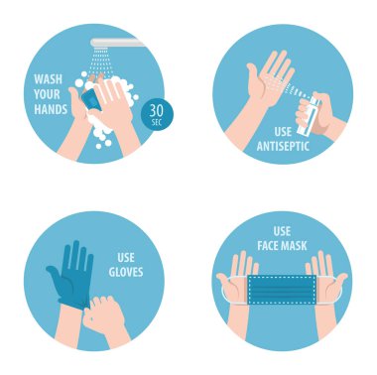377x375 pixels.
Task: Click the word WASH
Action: point(49,79)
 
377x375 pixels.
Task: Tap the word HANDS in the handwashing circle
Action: point(51,109)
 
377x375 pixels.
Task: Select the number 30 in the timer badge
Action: point(156,111)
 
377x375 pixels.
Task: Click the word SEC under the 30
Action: point(157,123)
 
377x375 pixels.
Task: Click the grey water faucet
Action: point(118,43)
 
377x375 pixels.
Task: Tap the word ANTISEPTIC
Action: point(283,146)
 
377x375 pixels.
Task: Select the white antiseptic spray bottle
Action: point(306,116)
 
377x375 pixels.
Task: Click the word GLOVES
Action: point(126,272)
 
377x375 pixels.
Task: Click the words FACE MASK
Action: point(282,246)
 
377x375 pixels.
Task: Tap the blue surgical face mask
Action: point(281,289)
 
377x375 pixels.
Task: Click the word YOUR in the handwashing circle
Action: point(47,94)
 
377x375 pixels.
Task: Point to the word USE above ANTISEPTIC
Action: point(283,132)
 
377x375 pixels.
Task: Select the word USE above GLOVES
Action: point(126,257)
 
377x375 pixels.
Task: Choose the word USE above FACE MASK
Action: point(282,231)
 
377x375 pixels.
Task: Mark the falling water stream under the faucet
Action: point(101,62)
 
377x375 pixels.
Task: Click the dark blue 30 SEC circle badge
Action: point(157,114)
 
